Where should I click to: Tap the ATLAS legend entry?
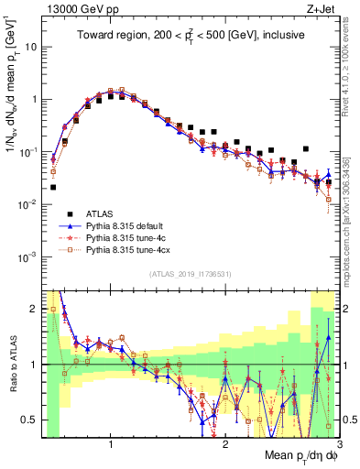coord(99,213)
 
